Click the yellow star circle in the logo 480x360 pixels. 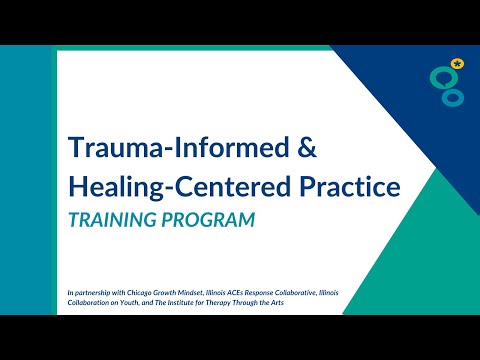[458, 63]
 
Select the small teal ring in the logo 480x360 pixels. [455, 98]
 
